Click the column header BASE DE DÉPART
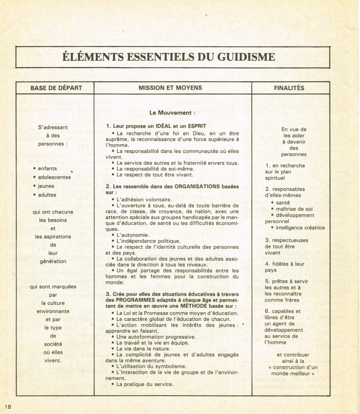point(56,88)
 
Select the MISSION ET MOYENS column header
point(170,88)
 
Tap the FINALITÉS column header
point(289,88)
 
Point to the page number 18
point(8,406)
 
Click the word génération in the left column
point(53,261)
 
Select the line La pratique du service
point(145,384)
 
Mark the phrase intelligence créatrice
point(300,228)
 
